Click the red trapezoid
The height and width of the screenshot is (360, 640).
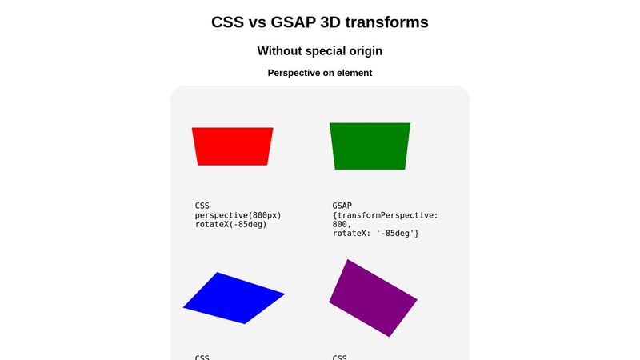coord(232,146)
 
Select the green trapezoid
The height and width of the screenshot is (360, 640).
coord(370,146)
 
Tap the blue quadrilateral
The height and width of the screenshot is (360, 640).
coord(234,298)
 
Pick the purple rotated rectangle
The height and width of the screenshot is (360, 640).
coord(373,298)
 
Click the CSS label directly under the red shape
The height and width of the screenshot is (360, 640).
coord(202,206)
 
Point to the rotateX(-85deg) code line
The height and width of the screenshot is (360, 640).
coord(230,224)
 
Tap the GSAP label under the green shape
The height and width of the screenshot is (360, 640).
coord(342,206)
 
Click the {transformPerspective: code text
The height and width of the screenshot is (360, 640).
coord(386,215)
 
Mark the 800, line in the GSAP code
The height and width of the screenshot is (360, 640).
coord(342,225)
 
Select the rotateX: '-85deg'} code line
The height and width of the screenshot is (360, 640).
coord(376,234)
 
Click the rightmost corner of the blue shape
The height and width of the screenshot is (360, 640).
coord(283,294)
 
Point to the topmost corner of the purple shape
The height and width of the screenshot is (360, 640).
coord(347,260)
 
